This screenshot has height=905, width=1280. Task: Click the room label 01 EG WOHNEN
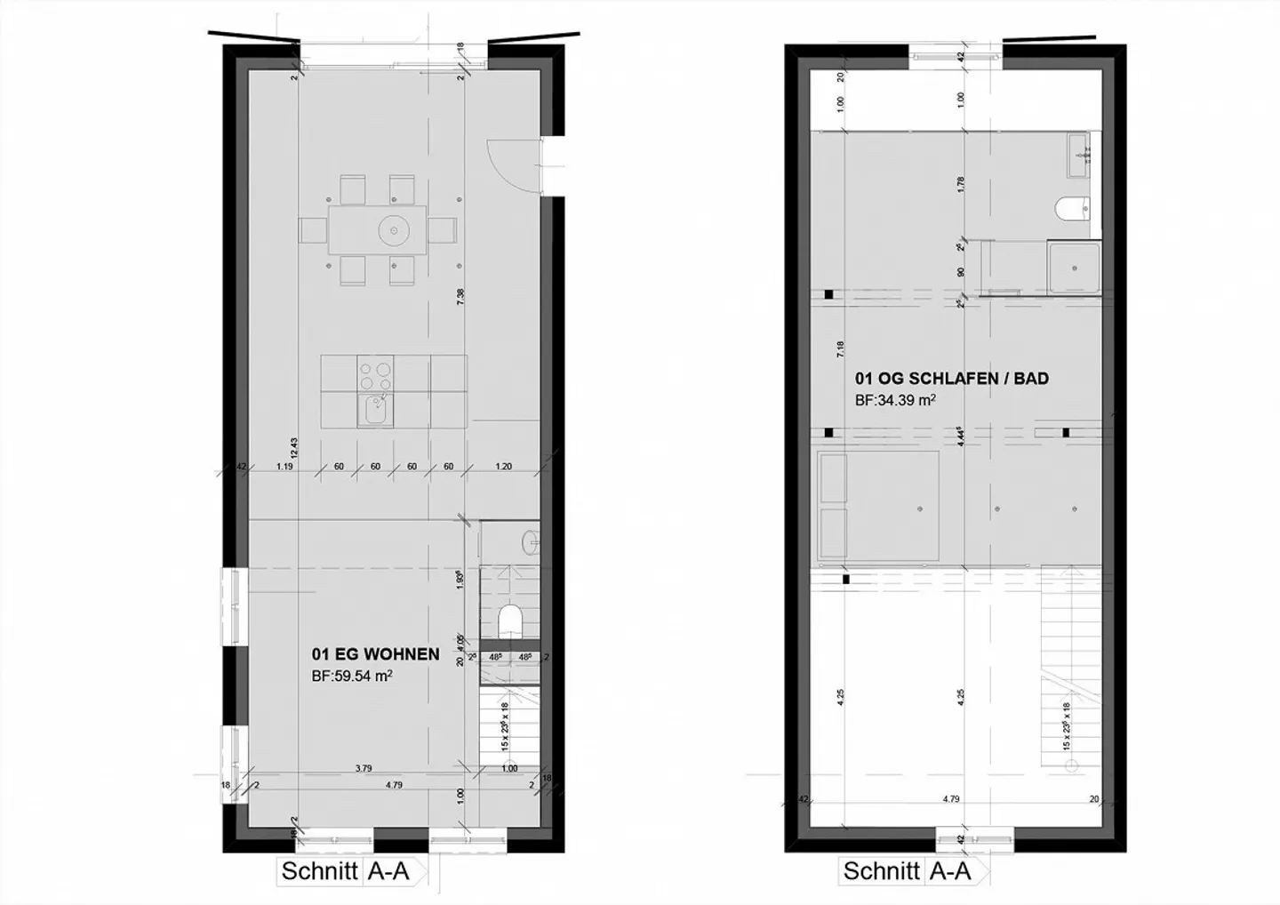point(375,654)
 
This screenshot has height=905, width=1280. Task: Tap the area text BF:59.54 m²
point(352,676)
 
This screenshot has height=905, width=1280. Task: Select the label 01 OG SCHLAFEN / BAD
point(951,379)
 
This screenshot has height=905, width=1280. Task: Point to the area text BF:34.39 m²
point(895,401)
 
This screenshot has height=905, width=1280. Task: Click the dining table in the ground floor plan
point(379,230)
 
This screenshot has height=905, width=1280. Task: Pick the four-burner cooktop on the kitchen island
point(376,374)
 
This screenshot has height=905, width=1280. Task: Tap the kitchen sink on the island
point(376,410)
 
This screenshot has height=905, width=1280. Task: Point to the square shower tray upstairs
point(1073,268)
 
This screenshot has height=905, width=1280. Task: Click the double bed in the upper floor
point(878,505)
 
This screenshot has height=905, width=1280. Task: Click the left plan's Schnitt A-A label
point(345,871)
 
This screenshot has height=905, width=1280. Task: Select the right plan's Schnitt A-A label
point(907,871)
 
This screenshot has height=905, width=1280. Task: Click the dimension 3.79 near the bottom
point(364,769)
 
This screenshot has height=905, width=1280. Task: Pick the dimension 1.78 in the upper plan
point(960,185)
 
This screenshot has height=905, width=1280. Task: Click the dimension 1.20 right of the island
point(503,467)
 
